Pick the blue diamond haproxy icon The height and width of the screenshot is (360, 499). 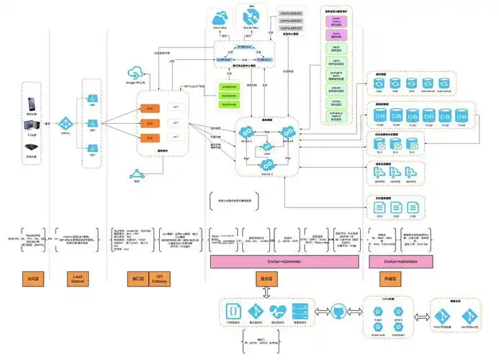[x=65, y=123]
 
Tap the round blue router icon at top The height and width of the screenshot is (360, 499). [x=251, y=17]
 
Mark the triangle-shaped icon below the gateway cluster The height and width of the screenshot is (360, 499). [x=138, y=174]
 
